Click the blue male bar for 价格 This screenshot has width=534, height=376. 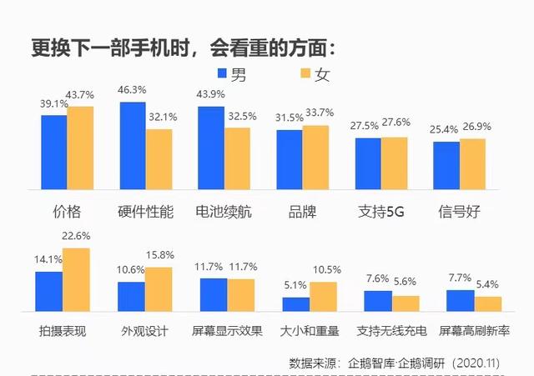(54, 153)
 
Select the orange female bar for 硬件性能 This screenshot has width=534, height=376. (159, 160)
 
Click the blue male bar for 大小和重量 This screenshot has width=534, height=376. (296, 303)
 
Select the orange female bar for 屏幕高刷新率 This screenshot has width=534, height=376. (488, 303)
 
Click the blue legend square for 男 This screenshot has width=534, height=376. (223, 74)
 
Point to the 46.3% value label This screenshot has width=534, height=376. (133, 88)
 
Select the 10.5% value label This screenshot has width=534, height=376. (323, 268)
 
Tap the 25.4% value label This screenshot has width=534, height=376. (446, 129)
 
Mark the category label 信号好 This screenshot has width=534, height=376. (459, 211)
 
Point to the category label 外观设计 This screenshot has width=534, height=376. (144, 331)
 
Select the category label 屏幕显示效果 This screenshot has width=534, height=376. (227, 331)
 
